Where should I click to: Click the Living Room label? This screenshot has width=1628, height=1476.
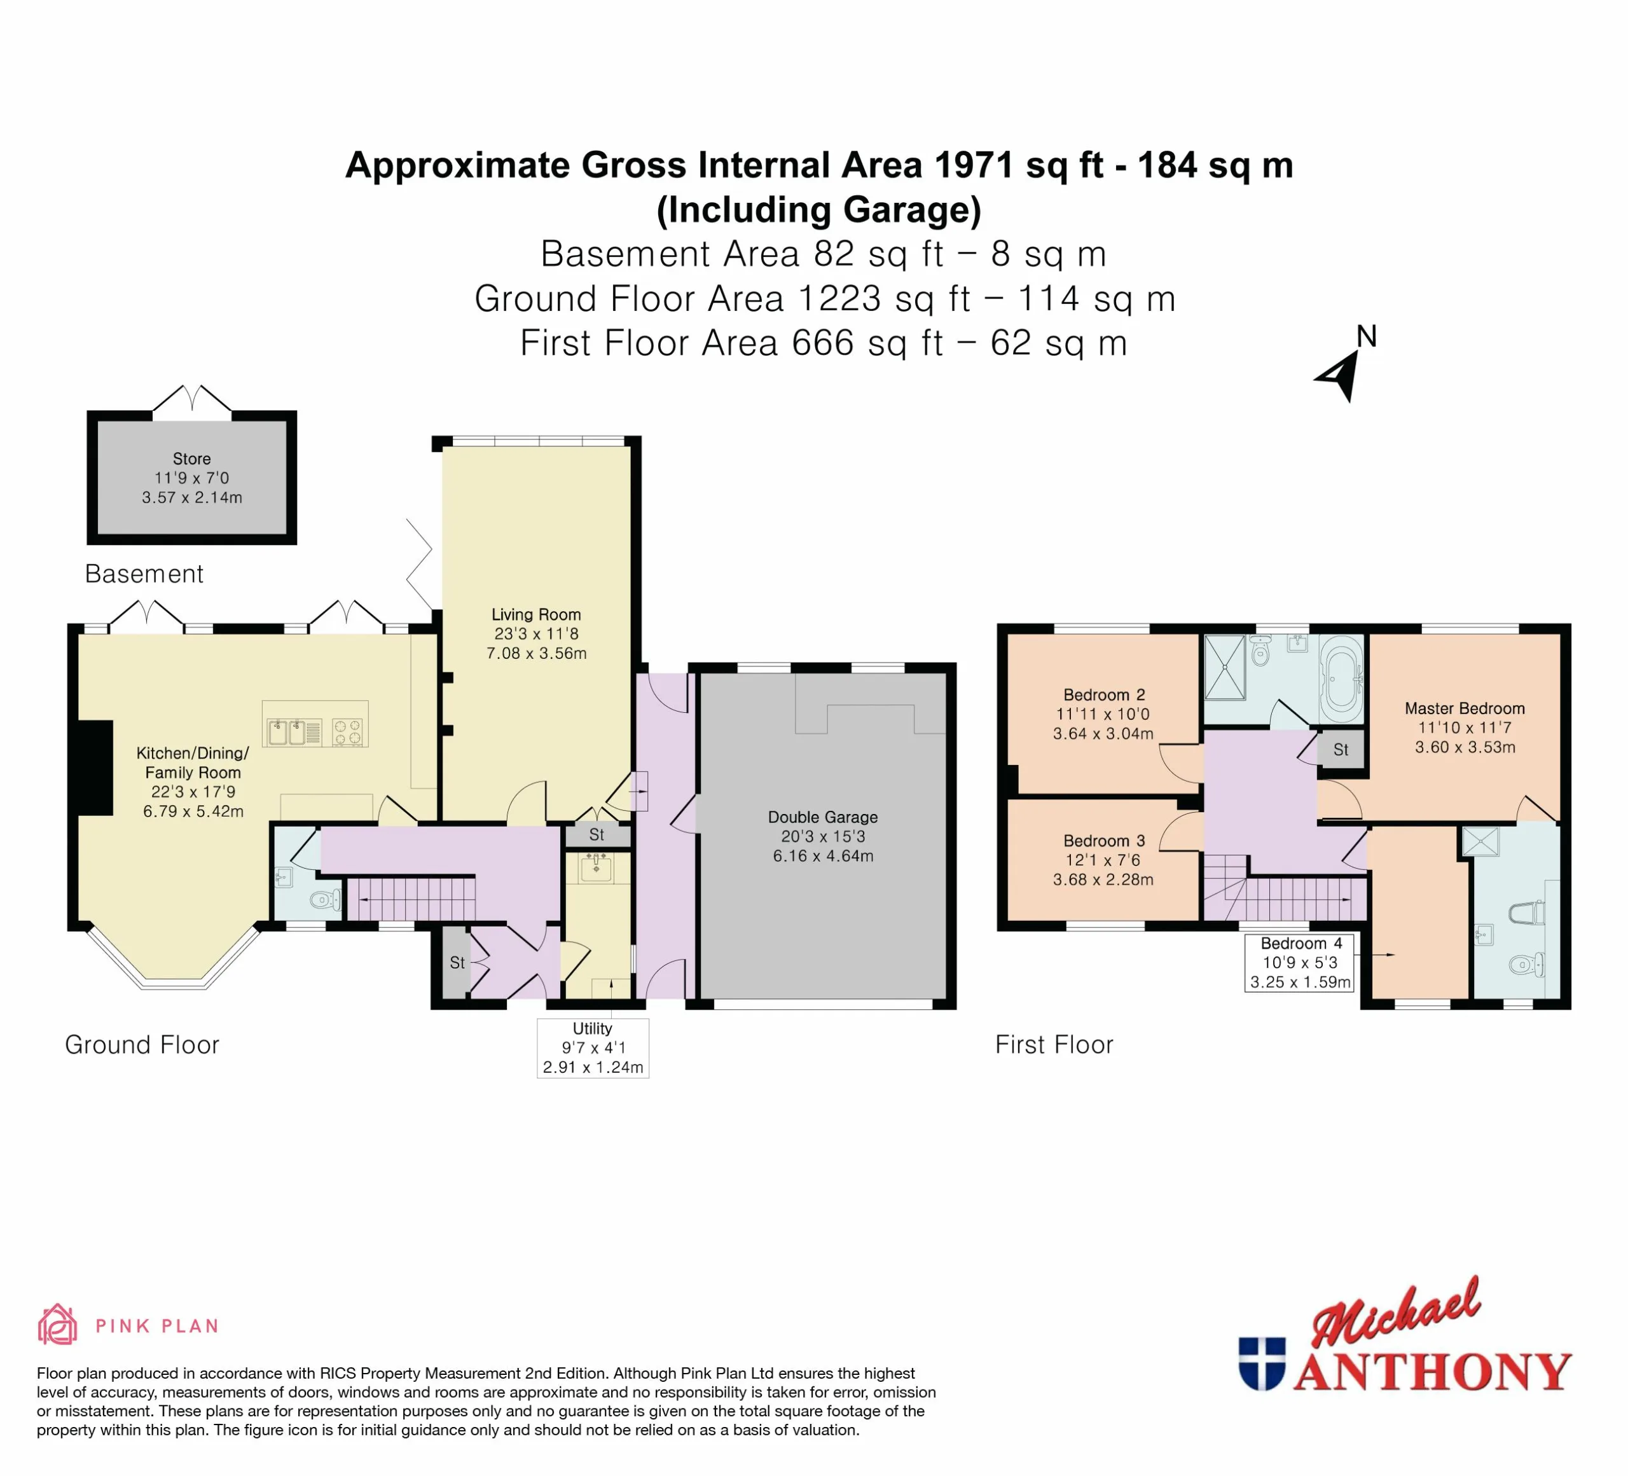[536, 634]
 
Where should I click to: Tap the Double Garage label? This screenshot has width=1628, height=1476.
[823, 836]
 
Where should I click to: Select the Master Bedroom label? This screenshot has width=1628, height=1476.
[1465, 728]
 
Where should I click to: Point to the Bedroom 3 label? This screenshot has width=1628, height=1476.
[1103, 860]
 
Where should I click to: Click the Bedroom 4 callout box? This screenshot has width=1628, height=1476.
[1299, 962]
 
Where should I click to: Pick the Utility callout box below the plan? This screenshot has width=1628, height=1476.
[593, 1047]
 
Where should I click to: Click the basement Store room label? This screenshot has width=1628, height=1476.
[192, 478]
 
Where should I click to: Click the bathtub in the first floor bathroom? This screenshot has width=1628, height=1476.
[1341, 679]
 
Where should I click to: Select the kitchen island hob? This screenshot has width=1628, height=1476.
[348, 731]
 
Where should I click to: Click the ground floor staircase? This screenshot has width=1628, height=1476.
[412, 899]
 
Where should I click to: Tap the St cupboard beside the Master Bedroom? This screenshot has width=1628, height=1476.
[1341, 749]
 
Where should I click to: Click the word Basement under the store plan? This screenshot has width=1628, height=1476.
[144, 574]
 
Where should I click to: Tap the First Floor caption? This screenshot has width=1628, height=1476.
[1054, 1045]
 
